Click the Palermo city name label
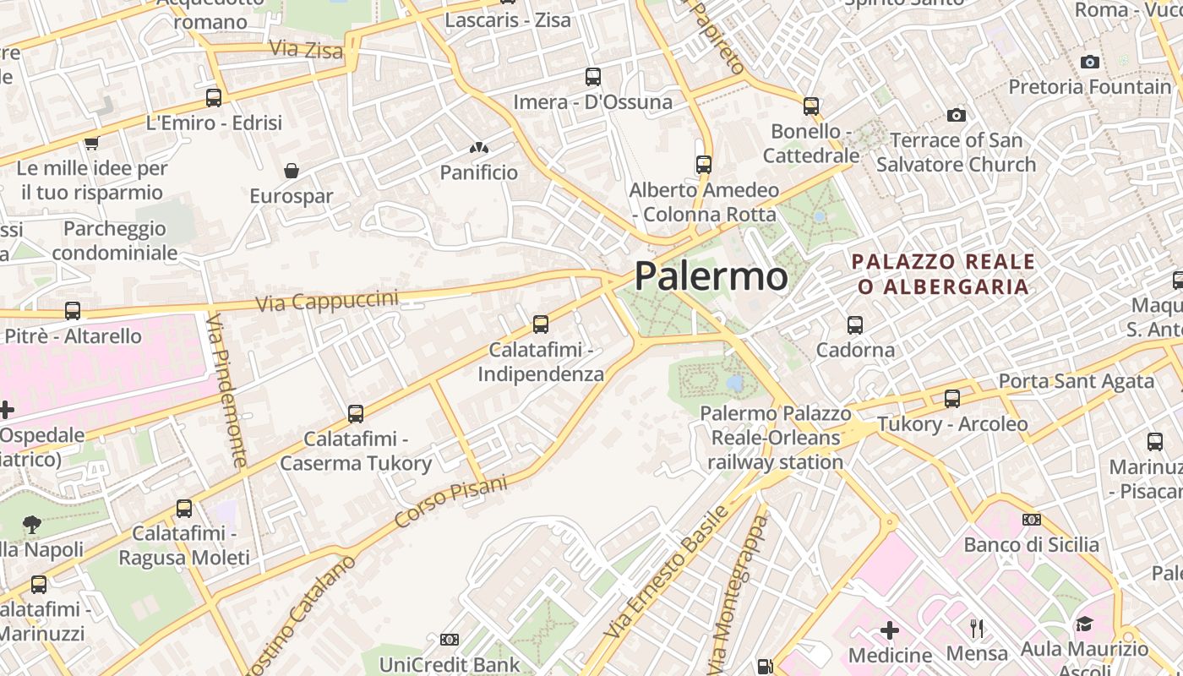coord(711,276)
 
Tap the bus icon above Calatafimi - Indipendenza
coord(541,324)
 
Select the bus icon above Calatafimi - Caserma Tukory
coord(356,414)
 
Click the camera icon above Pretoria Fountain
coord(1090,62)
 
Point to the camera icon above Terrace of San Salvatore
coord(957,115)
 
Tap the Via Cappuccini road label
coord(326,301)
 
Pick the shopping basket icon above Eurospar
coord(292,171)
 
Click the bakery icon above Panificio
coord(479,149)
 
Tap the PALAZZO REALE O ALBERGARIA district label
coord(943,274)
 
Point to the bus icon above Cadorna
coord(855,324)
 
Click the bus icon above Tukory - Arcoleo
coord(952,399)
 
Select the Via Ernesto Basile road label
coord(666,572)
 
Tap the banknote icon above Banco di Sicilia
coord(1032,520)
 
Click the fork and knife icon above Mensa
coord(977,628)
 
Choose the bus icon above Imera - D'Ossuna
coord(593,77)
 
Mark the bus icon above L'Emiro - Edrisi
coord(214,97)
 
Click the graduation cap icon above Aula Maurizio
coord(1084,624)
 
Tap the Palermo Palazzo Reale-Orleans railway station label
coord(776,438)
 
